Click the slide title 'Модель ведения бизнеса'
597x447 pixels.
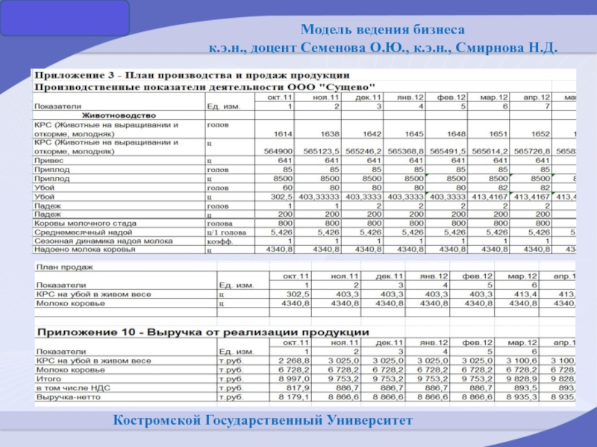coord(383,31)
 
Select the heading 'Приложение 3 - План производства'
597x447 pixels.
coord(190,75)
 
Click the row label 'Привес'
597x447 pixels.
coord(49,160)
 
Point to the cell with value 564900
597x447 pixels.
coord(279,150)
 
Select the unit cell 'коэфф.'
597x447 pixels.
coord(219,241)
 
